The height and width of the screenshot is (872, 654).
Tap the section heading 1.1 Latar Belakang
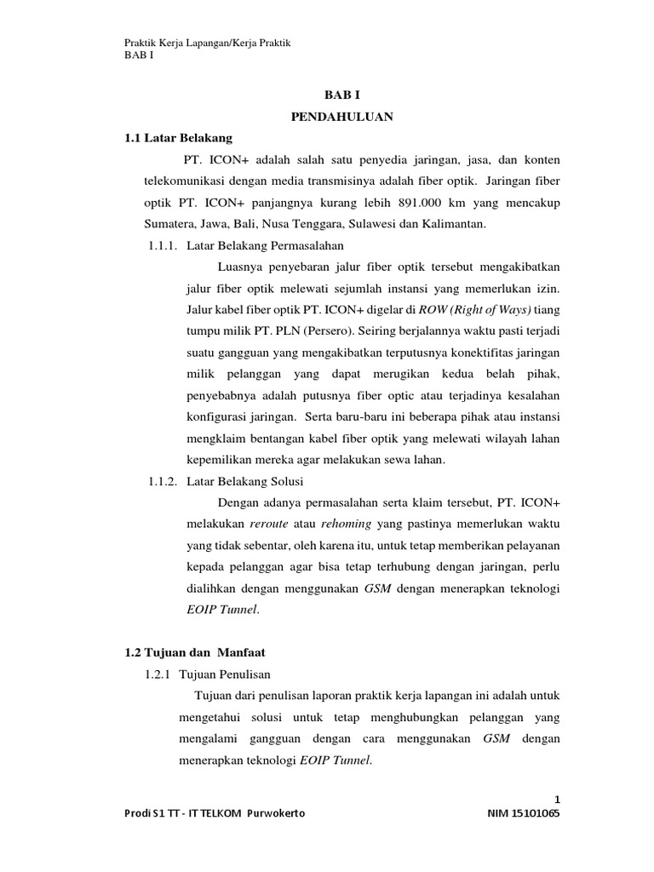coord(178,137)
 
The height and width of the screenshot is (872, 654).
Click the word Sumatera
coord(169,225)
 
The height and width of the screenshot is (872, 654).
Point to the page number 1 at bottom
coord(557,799)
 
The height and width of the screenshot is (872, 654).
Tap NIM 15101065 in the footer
coord(522,814)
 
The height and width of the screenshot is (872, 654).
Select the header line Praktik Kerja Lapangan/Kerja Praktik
coord(208,43)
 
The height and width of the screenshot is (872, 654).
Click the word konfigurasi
coord(213,417)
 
